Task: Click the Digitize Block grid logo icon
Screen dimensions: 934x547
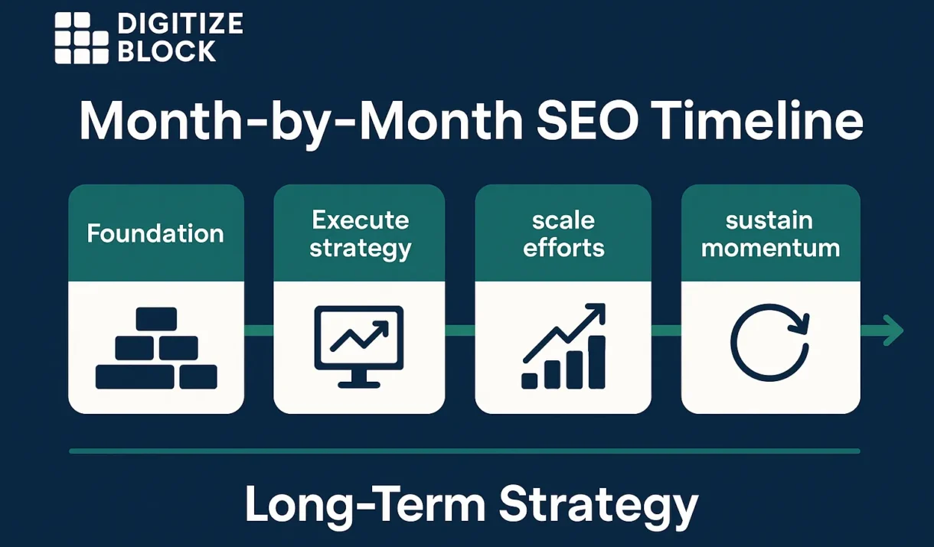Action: pyautogui.click(x=82, y=38)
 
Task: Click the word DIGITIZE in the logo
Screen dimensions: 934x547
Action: pyautogui.click(x=180, y=23)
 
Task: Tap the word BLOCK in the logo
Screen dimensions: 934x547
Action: pyautogui.click(x=167, y=50)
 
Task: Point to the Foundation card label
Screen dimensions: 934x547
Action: pyautogui.click(x=155, y=233)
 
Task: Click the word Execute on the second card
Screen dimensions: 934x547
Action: pyautogui.click(x=361, y=220)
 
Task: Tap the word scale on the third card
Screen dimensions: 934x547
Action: pyautogui.click(x=563, y=220)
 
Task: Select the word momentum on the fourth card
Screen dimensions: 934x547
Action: pyautogui.click(x=770, y=249)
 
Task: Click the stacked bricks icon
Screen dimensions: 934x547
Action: pyautogui.click(x=156, y=348)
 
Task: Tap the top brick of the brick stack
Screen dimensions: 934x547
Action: pyautogui.click(x=156, y=319)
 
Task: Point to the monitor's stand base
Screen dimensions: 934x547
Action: pyautogui.click(x=359, y=385)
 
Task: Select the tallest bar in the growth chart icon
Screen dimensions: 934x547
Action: pyautogui.click(x=596, y=362)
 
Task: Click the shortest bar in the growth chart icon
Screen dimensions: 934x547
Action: pyautogui.click(x=530, y=381)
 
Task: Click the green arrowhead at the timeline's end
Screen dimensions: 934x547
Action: pyautogui.click(x=893, y=330)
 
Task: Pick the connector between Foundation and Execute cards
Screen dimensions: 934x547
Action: pyautogui.click(x=259, y=330)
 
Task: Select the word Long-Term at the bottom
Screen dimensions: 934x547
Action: pyautogui.click(x=365, y=505)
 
